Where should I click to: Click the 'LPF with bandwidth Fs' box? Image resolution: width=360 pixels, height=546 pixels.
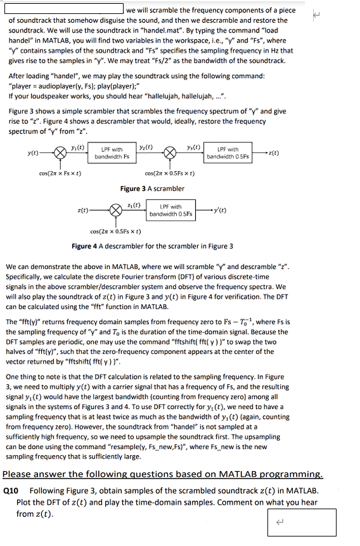pyautogui.click(x=112, y=153)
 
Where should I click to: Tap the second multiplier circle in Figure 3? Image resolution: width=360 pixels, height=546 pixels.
pyautogui.click(x=171, y=153)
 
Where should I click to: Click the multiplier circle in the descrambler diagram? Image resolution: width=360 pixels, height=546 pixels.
pyautogui.click(x=115, y=210)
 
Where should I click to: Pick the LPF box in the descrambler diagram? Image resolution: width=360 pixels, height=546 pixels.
pyautogui.click(x=167, y=210)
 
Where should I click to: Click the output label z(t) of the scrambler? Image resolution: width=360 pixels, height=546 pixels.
pyautogui.click(x=273, y=153)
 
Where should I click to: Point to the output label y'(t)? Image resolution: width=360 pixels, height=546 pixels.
pyautogui.click(x=222, y=210)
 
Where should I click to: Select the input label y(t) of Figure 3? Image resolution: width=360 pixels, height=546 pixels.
pyautogui.click(x=29, y=153)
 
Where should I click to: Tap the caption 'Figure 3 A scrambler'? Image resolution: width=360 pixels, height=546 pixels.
pyautogui.click(x=152, y=188)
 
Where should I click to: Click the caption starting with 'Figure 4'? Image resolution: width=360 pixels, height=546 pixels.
pyautogui.click(x=152, y=246)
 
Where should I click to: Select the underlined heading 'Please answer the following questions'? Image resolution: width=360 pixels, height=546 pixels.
pyautogui.click(x=163, y=474)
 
